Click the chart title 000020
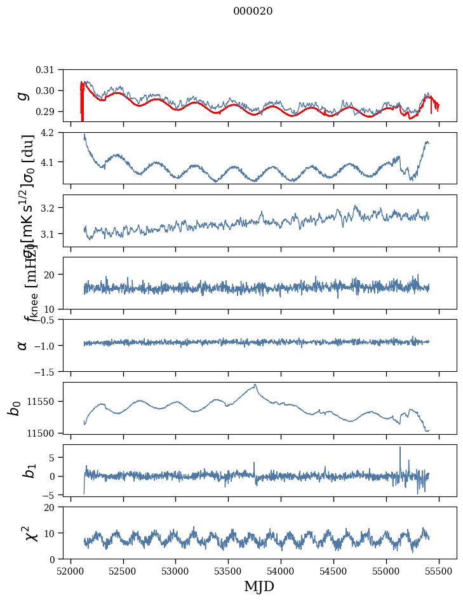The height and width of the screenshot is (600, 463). tap(253, 11)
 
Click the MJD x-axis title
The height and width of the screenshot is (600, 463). tap(259, 586)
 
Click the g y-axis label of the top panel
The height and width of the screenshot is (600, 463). tap(23, 95)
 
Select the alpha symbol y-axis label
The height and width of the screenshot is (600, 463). tap(23, 345)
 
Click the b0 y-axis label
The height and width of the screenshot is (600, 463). tap(14, 407)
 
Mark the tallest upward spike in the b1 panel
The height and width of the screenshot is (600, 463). tap(400, 447)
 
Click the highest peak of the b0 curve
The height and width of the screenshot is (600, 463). tap(255, 385)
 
